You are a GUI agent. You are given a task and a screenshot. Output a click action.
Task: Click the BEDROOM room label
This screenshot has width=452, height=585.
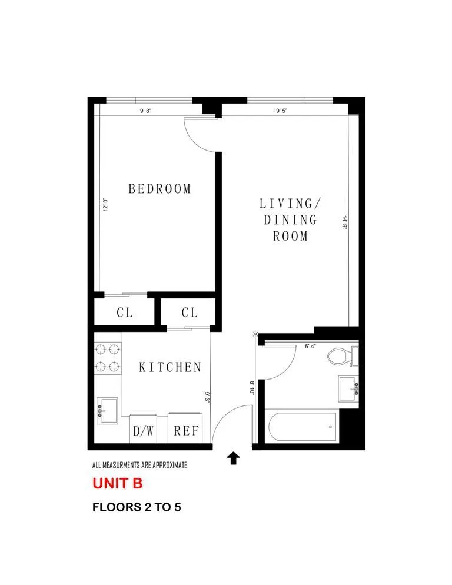pos(159,189)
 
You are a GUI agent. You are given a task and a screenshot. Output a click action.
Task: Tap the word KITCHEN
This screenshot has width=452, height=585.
pos(169,367)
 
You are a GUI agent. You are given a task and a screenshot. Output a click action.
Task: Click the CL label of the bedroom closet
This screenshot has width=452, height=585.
pos(124,313)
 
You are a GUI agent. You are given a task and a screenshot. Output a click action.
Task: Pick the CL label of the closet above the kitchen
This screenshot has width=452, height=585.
pos(190,313)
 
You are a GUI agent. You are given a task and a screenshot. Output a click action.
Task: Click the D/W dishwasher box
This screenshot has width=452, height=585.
pos(144,430)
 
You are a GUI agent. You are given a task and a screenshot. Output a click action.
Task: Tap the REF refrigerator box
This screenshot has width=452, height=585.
pos(186,430)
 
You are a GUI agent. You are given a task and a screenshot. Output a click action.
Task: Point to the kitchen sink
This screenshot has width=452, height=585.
pos(108,409)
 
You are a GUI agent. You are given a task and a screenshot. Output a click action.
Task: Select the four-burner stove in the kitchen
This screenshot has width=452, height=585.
pos(108,358)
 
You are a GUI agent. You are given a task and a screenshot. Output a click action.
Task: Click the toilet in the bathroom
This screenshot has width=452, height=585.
pos(342,356)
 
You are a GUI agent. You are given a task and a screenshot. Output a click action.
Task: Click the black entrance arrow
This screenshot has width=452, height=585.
pos(234,458)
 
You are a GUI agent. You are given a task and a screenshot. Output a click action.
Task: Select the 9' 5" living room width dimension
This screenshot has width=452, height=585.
pos(281,111)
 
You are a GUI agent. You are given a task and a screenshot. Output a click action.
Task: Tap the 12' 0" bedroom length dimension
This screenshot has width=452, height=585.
pos(106,207)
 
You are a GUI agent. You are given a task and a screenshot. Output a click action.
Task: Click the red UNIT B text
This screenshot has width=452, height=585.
pos(117,484)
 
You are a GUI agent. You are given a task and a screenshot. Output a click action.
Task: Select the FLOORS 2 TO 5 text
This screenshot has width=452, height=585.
pos(136,507)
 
